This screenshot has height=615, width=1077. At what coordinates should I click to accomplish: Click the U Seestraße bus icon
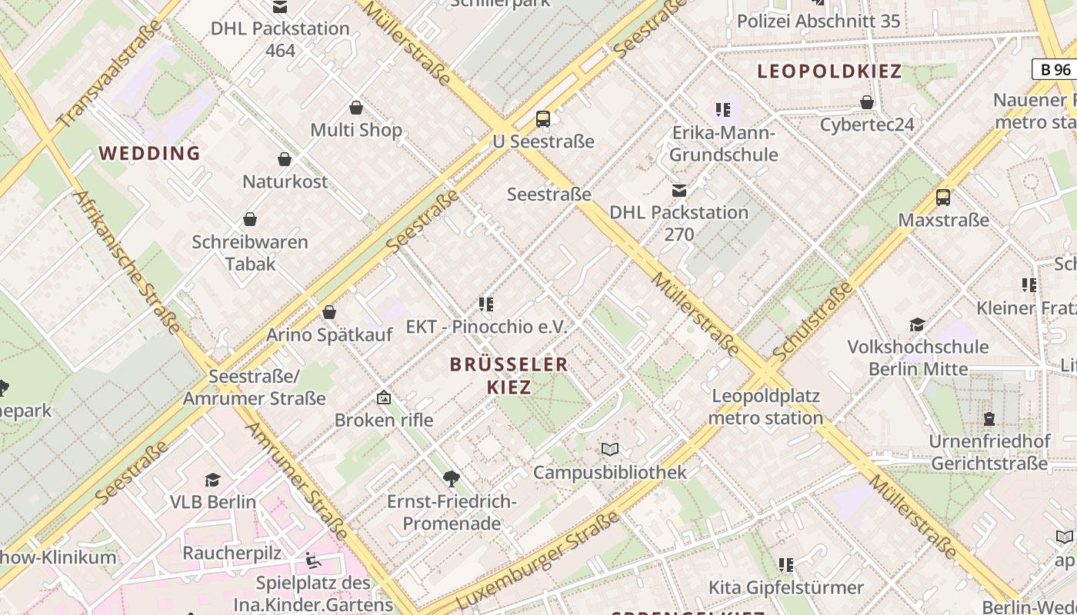click(x=543, y=118)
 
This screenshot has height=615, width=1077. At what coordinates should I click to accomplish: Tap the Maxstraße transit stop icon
click(x=943, y=197)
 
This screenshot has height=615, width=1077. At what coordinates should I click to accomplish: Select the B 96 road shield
click(x=1055, y=69)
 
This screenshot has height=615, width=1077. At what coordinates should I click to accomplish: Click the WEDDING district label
click(x=149, y=153)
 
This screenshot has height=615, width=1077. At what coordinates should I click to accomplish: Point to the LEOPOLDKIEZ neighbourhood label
click(x=829, y=71)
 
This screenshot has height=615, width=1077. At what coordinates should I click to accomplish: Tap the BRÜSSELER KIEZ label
click(x=509, y=375)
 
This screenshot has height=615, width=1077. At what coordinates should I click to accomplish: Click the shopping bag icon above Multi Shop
click(x=356, y=107)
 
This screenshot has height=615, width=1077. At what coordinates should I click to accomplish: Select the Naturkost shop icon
click(x=285, y=159)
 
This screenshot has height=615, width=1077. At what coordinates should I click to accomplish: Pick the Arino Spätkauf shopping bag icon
click(x=329, y=311)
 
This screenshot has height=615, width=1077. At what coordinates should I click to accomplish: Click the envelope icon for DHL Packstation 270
click(x=679, y=190)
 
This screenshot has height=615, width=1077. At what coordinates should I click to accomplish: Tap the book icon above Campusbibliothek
click(x=610, y=449)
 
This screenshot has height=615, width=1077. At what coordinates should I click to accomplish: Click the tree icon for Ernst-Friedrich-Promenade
click(x=452, y=479)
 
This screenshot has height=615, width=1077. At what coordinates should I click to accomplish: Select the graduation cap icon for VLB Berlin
click(x=212, y=480)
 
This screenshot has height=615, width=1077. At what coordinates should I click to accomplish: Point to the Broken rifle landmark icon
click(x=384, y=397)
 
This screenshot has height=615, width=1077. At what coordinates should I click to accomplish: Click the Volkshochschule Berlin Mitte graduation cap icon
click(x=917, y=324)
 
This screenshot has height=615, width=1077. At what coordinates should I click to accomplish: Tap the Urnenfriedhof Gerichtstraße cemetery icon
click(x=989, y=419)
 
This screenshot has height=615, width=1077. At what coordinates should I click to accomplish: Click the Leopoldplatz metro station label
click(x=765, y=407)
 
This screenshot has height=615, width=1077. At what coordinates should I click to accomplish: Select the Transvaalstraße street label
click(x=110, y=73)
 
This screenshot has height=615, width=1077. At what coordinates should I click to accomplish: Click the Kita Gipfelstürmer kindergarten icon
click(x=785, y=565)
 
